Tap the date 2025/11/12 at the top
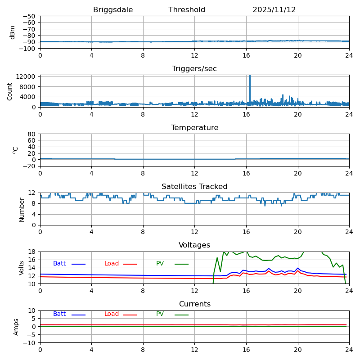tap(274, 10)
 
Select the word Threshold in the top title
tap(187, 10)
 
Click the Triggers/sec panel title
tap(194, 69)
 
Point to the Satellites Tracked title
tap(194, 187)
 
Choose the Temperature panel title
tap(194, 128)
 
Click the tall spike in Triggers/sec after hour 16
tap(250, 83)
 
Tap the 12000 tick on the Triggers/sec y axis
tap(27, 76)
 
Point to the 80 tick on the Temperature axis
tap(32, 134)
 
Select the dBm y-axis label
tap(13, 32)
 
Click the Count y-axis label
tap(10, 91)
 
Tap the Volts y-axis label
tap(22, 268)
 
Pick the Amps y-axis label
tap(16, 327)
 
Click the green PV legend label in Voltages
tap(160, 264)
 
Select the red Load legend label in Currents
tap(112, 314)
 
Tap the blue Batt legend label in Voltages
tap(59, 264)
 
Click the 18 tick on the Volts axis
tap(32, 252)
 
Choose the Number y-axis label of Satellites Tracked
tap(22, 209)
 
